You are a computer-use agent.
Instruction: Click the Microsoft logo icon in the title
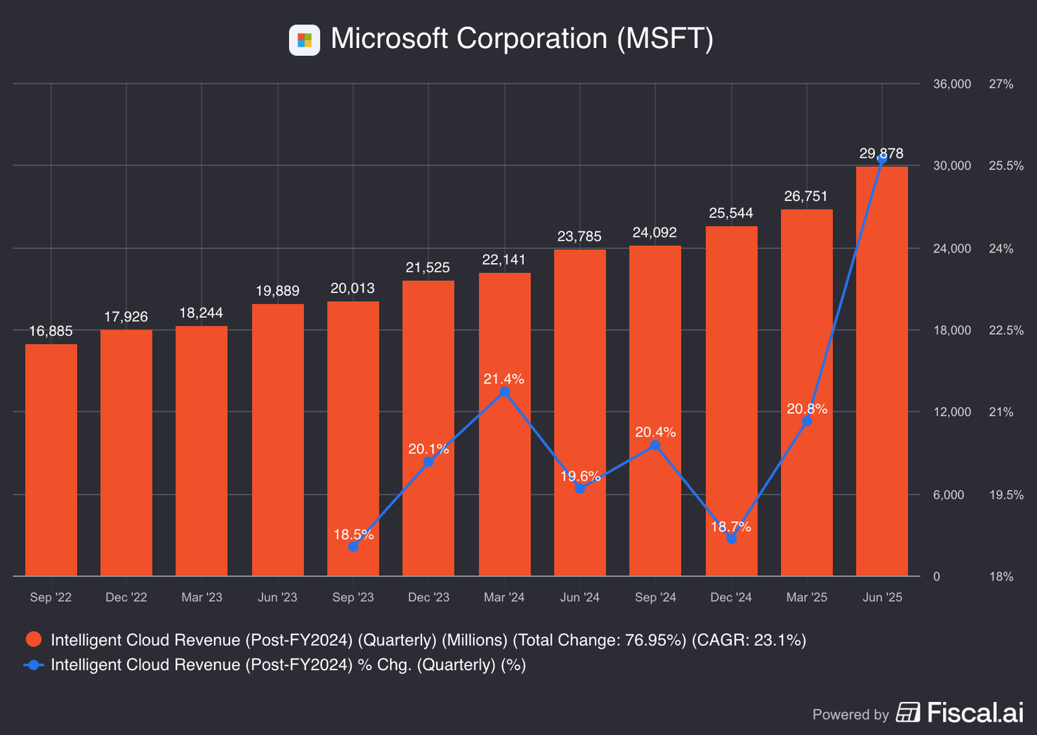pyautogui.click(x=304, y=40)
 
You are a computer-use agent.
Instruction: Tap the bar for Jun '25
pyautogui.click(x=882, y=371)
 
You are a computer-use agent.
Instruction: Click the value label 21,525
pyautogui.click(x=427, y=267)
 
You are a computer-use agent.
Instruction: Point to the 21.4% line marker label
pyautogui.click(x=504, y=379)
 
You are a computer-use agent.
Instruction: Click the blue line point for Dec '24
pyautogui.click(x=731, y=538)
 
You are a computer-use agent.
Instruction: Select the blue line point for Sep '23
pyautogui.click(x=353, y=546)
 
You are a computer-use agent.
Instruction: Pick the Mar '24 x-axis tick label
pyautogui.click(x=504, y=597)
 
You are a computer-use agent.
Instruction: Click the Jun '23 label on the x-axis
pyautogui.click(x=277, y=597)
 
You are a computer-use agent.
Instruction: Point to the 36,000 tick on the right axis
pyautogui.click(x=952, y=84)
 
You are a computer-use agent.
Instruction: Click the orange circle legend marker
pyautogui.click(x=34, y=640)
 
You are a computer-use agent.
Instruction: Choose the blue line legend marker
pyautogui.click(x=34, y=665)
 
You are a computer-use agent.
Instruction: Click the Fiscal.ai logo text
pyautogui.click(x=975, y=713)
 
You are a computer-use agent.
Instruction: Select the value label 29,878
pyautogui.click(x=881, y=153)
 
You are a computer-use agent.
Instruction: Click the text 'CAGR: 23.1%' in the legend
pyautogui.click(x=749, y=640)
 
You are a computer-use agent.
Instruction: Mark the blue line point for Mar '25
pyautogui.click(x=807, y=421)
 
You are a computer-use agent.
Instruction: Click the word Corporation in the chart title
pyautogui.click(x=532, y=38)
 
